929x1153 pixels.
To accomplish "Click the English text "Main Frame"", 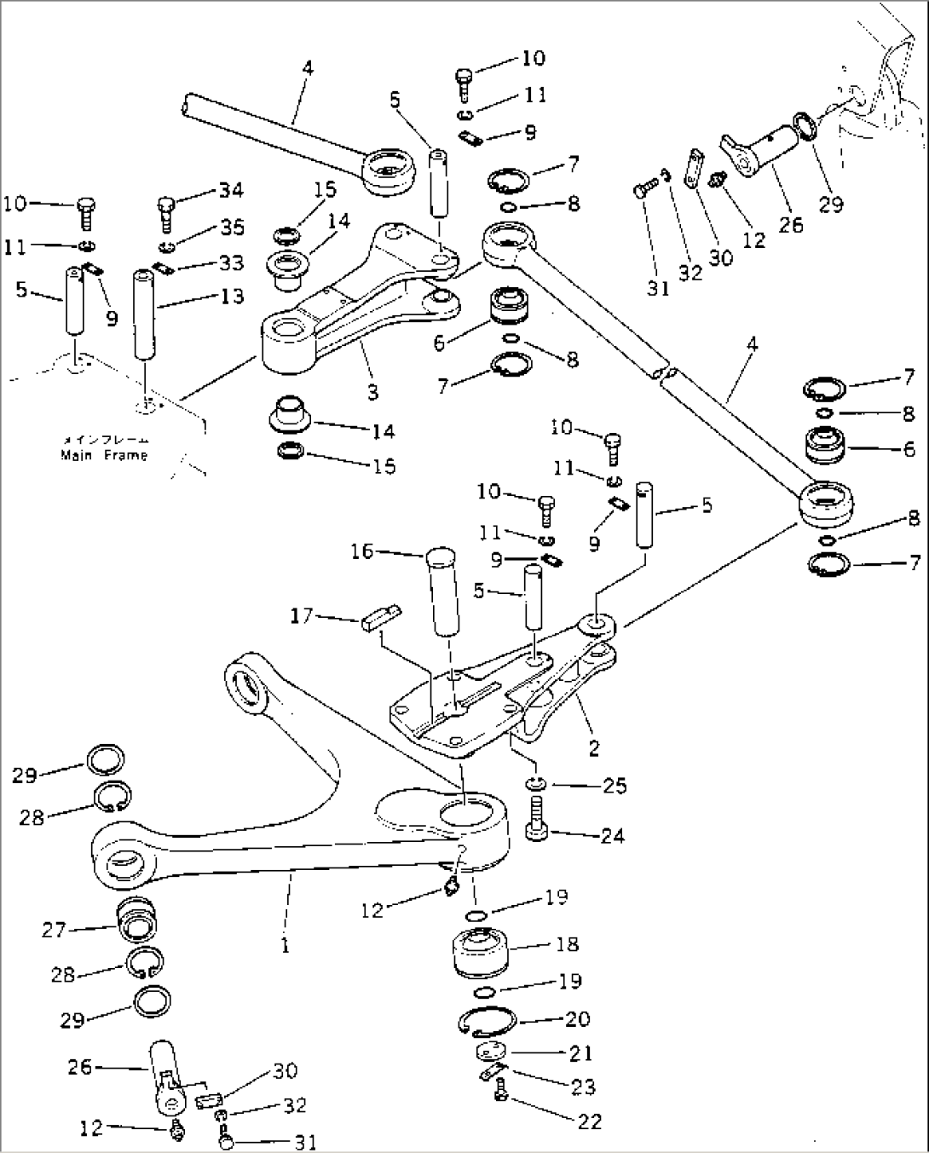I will (103, 456).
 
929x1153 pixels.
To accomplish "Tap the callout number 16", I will (362, 551).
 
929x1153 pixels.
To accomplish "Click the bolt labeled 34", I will (167, 214).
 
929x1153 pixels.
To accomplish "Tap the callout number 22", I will (589, 1121).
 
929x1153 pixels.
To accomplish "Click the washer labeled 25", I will (536, 783).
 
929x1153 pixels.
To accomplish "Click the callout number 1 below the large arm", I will (285, 944).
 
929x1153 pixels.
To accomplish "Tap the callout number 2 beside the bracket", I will (594, 748).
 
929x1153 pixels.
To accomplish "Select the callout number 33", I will (230, 262).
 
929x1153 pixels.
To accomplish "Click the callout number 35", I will (232, 227).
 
